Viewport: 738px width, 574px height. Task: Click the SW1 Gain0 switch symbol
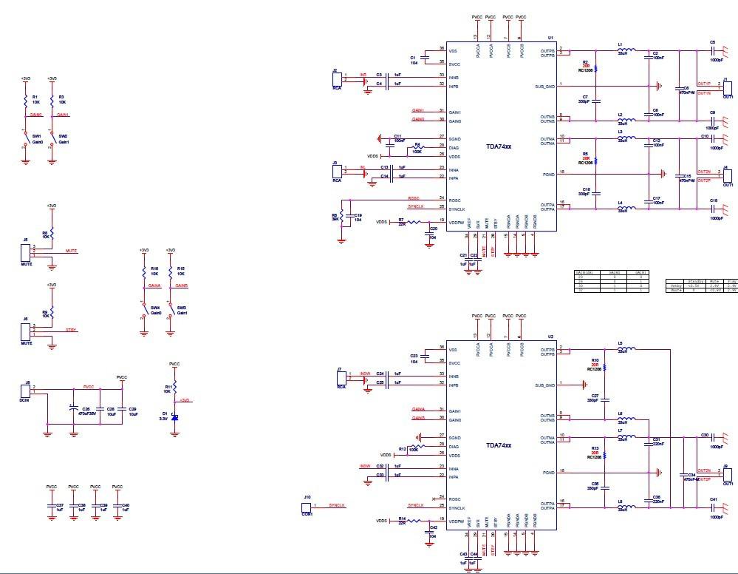click(26, 139)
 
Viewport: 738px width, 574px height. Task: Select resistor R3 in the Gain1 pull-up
click(51, 100)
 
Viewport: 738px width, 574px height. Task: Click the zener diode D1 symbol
click(174, 418)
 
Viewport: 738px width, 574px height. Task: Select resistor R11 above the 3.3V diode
click(174, 386)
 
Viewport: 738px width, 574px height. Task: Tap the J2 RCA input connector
click(337, 79)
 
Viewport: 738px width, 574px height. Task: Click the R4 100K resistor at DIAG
click(417, 147)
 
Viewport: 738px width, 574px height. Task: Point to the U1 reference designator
click(550, 38)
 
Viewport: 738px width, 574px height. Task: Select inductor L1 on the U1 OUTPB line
click(626, 50)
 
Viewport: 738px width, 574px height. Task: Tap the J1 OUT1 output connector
click(727, 88)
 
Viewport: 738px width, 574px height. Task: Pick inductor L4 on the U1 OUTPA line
click(626, 208)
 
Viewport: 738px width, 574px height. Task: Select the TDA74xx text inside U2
click(498, 445)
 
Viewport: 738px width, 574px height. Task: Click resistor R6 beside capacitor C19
click(341, 217)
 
